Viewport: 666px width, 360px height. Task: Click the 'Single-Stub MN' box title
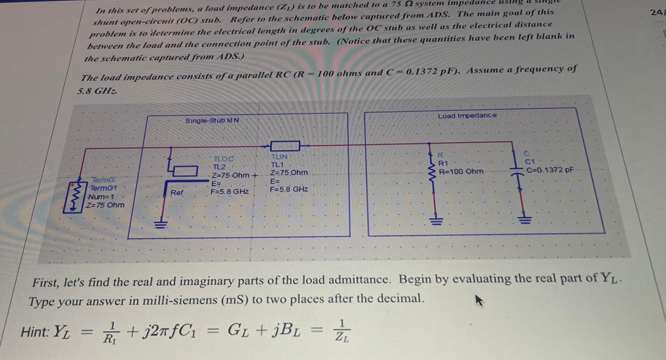point(212,121)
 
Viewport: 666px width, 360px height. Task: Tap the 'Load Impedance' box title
point(467,116)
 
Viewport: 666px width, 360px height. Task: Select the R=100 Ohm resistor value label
point(461,171)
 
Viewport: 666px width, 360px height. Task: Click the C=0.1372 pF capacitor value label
point(550,170)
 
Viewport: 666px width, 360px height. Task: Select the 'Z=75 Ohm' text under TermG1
point(105,205)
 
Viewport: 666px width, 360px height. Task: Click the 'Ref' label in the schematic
point(177,192)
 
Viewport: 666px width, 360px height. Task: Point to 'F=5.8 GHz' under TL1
point(289,189)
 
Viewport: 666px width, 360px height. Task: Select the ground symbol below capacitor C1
point(524,217)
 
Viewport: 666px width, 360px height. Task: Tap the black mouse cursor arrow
point(479,302)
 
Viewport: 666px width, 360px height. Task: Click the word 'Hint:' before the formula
point(36,332)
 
